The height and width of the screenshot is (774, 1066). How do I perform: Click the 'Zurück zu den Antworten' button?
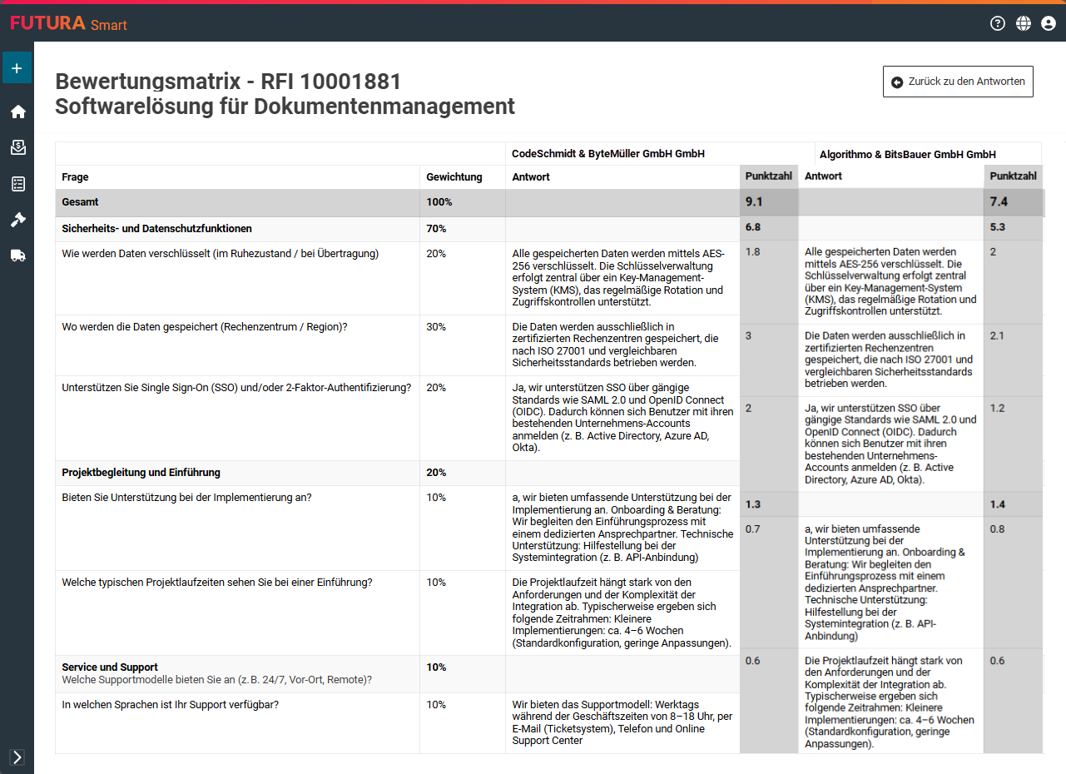click(958, 82)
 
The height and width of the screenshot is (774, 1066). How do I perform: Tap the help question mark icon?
click(998, 23)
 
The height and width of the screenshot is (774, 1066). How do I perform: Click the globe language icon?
click(1024, 23)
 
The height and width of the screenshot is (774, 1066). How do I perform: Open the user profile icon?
click(1049, 23)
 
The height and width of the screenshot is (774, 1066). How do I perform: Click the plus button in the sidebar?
click(17, 68)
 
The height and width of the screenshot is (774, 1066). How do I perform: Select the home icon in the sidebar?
click(17, 112)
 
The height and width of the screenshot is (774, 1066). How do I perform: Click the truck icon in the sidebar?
click(17, 256)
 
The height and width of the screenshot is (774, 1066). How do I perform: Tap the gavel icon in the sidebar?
click(17, 220)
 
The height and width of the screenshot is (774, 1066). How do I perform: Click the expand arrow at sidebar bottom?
click(17, 757)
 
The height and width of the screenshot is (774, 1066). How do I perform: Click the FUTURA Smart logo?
click(68, 23)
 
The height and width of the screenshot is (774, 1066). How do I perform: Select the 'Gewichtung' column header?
click(454, 177)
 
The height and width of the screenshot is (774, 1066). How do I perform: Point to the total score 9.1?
click(754, 202)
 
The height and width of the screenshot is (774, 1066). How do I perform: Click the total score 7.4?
click(999, 202)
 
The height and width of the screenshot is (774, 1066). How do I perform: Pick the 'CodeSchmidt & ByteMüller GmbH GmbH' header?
click(608, 154)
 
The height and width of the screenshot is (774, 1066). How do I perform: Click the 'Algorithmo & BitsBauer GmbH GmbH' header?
click(907, 155)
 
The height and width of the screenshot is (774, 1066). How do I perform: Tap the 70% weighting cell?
click(436, 229)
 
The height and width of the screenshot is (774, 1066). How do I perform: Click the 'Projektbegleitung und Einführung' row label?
click(141, 473)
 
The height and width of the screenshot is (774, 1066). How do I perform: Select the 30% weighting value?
click(436, 327)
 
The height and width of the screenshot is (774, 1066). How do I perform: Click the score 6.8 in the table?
click(753, 227)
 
